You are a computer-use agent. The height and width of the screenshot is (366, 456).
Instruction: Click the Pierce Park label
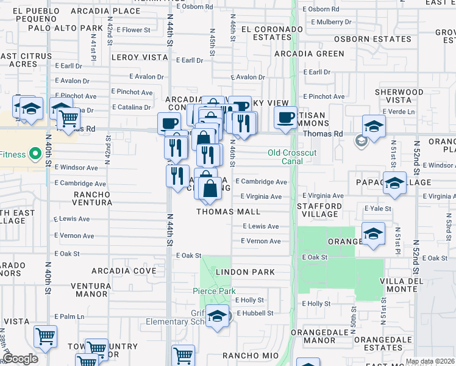(215, 292)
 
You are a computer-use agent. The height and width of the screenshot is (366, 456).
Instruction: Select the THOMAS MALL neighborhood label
(228, 212)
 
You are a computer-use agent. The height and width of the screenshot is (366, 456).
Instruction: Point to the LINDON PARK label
(244, 271)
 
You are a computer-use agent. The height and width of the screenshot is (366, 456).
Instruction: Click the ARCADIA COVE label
(124, 270)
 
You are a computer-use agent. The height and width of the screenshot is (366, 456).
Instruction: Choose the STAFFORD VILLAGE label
(319, 209)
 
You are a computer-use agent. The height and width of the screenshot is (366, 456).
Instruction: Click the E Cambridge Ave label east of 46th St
(262, 182)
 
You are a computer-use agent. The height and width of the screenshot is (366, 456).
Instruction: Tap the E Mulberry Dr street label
(331, 22)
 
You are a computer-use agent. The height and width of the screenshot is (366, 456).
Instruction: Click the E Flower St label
(133, 30)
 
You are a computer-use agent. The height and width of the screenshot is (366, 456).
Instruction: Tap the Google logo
(21, 359)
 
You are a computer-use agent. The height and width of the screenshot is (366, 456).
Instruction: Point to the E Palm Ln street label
(69, 317)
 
